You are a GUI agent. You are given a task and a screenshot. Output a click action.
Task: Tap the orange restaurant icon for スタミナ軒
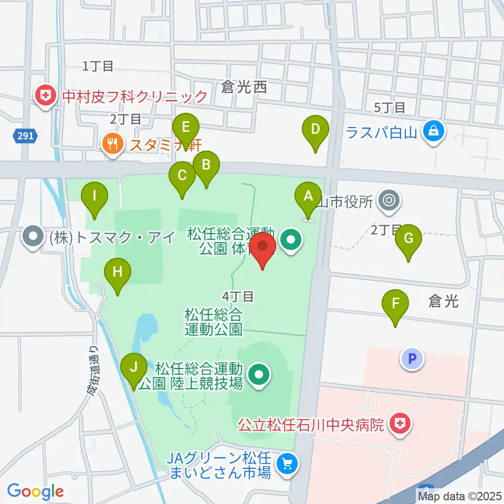pyautogui.click(x=112, y=143)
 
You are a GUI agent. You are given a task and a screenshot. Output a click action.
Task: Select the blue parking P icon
pyautogui.click(x=412, y=360)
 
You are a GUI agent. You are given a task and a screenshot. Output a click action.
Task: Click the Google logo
pyautogui.click(x=35, y=491)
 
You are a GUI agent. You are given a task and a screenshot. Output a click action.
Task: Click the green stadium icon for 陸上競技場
pyautogui.click(x=258, y=375)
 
